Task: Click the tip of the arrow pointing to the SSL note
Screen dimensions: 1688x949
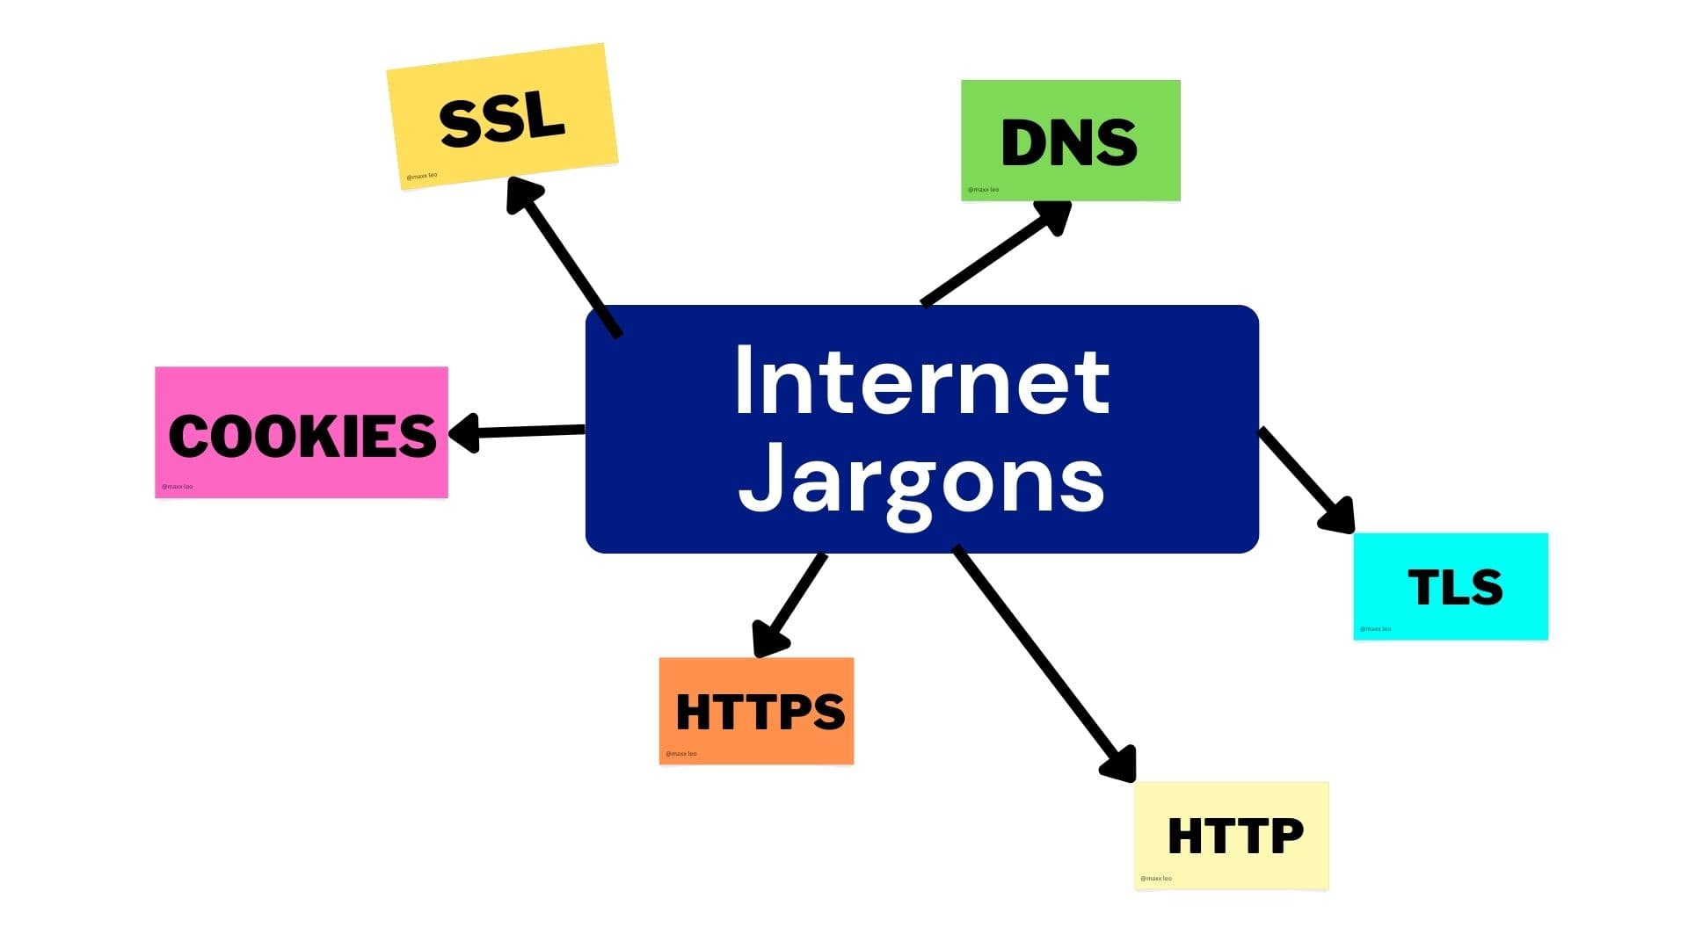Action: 510,177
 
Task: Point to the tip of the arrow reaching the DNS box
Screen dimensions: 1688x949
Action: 1071,204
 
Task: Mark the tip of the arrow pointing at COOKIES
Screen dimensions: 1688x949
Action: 450,433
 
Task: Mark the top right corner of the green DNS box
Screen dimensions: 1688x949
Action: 1181,80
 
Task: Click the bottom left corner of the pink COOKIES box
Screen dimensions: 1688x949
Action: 155,498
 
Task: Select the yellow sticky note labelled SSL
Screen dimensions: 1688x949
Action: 502,116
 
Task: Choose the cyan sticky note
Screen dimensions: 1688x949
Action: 1451,586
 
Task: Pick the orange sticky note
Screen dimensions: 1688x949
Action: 756,711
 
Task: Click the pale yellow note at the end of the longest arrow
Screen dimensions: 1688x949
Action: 1231,836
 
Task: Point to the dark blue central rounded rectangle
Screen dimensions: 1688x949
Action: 922,429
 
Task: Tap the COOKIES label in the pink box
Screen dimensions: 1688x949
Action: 302,436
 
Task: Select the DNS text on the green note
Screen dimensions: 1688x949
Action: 1069,142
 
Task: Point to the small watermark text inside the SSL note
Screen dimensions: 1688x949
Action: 421,176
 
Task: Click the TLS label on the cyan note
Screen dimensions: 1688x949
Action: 1455,587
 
